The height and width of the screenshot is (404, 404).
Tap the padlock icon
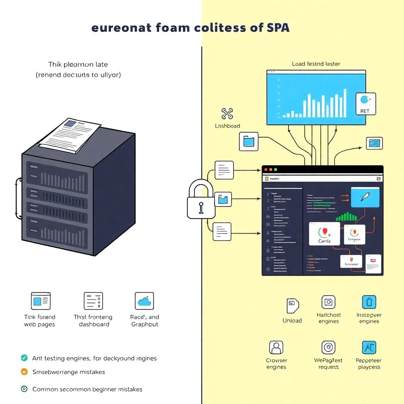pos(201,199)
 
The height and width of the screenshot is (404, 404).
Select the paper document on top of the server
pos(69,135)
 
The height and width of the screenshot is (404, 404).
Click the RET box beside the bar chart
pos(365,104)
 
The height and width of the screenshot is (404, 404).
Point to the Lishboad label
pos(227,126)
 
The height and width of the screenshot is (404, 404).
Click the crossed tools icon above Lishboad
pos(227,114)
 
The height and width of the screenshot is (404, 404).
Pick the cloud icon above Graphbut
pos(144,301)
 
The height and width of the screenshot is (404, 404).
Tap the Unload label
pos(292,321)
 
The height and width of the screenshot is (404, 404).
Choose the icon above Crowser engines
pos(276,348)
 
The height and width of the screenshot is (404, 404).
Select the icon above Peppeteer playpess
pos(369,348)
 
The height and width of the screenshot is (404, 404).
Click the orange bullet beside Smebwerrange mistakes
pos(24,372)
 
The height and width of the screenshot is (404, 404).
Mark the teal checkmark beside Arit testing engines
pos(24,358)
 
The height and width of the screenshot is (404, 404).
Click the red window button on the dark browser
pos(266,169)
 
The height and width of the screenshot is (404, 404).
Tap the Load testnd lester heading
pos(316,64)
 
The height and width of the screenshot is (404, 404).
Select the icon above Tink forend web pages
pos(41,301)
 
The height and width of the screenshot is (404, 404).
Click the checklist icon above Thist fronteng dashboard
pos(93,301)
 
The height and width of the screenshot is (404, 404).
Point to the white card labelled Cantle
pos(324,234)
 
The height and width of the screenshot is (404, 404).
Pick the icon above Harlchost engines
pos(328,302)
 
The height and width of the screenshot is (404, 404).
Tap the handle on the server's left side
pos(17,198)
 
